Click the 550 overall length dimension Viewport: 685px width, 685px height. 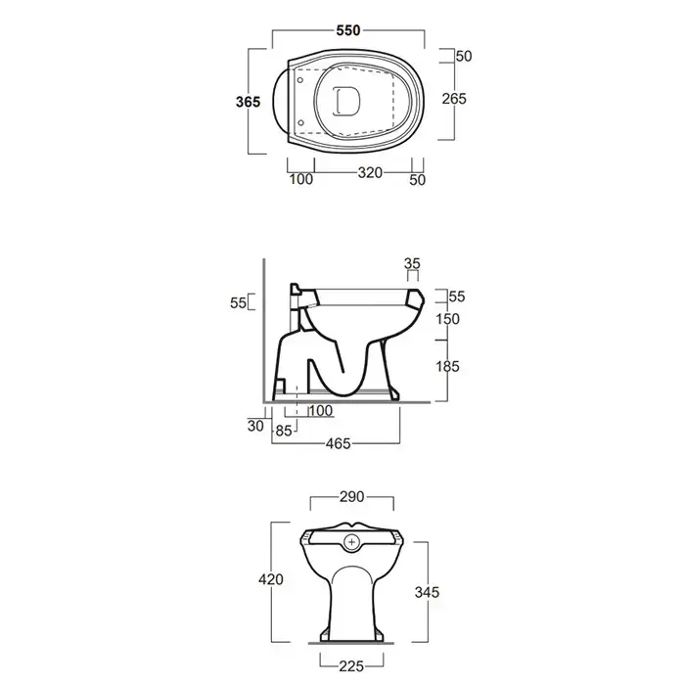348,30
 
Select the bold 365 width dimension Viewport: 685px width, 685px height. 248,102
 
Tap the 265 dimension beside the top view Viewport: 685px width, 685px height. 454,99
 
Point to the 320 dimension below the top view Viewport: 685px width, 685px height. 370,173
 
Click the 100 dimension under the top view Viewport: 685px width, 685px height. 301,179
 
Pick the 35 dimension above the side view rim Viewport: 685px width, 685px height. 412,263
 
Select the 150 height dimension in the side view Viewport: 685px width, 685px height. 447,319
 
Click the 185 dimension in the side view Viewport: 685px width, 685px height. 447,366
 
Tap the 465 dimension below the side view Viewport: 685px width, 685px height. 339,444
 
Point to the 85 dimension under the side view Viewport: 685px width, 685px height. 284,431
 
